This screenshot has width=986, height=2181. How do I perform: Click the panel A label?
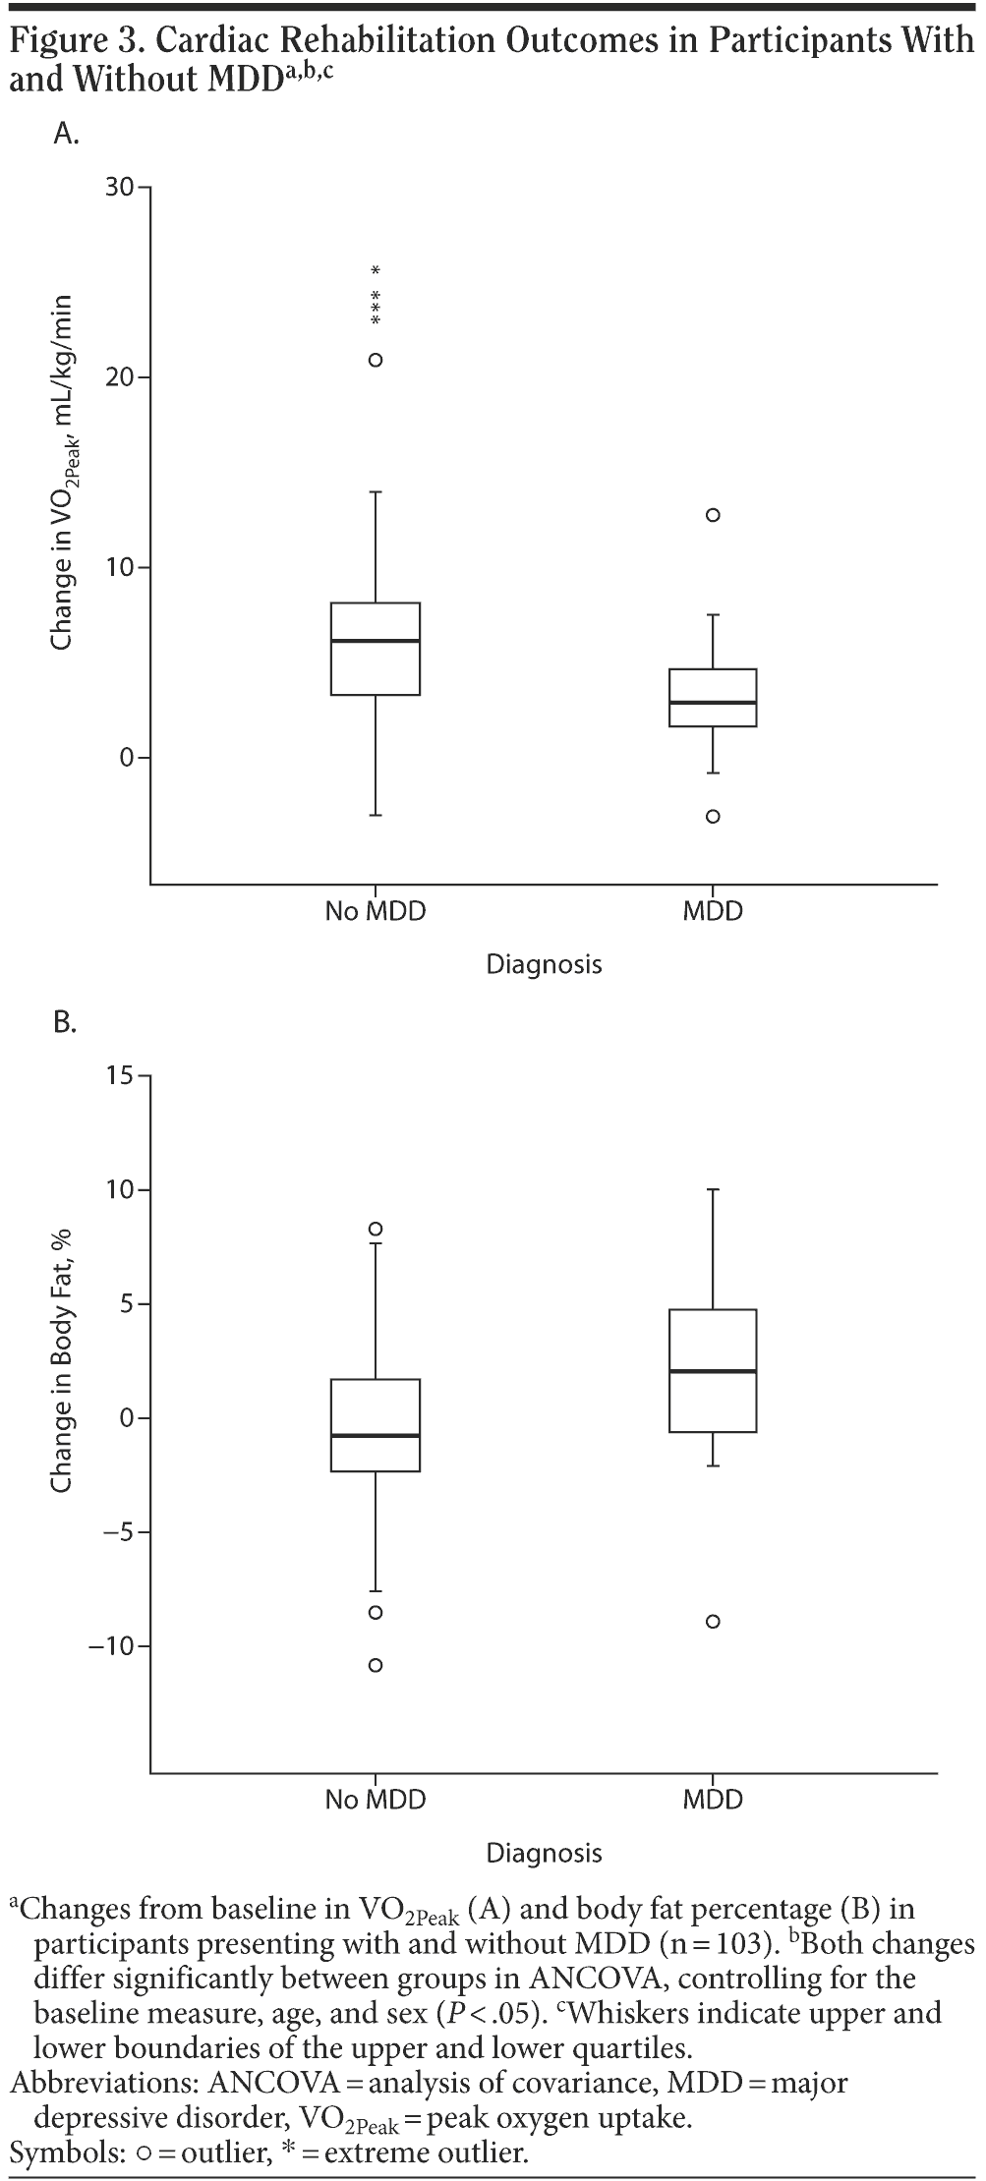pos(66,135)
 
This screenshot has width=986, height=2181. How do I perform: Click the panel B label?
pos(65,1023)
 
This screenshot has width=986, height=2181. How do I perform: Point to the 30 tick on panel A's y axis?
pos(121,187)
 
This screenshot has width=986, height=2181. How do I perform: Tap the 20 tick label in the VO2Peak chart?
pos(121,377)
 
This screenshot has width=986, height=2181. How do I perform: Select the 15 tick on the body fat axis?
pos(121,1076)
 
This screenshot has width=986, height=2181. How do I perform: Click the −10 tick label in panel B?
pos(110,1646)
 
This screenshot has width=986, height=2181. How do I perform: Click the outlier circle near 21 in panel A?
pos(376,360)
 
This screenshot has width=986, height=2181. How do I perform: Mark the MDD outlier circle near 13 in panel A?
pos(713,514)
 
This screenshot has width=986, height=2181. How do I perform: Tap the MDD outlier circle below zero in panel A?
pos(713,816)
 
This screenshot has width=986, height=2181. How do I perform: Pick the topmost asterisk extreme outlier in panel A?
pos(376,270)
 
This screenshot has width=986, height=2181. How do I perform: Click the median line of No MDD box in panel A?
pos(376,641)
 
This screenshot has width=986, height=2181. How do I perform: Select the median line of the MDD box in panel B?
pos(713,1371)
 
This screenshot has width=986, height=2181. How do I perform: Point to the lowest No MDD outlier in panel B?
pos(376,1665)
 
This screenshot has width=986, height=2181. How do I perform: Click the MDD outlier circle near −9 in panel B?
pos(713,1622)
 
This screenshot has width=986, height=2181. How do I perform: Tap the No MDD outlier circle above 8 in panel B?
pos(376,1229)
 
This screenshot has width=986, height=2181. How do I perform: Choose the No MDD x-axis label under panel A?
pos(376,911)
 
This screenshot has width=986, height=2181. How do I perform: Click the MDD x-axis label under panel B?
pos(713,1800)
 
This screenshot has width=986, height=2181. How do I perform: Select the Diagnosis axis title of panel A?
pos(544,964)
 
